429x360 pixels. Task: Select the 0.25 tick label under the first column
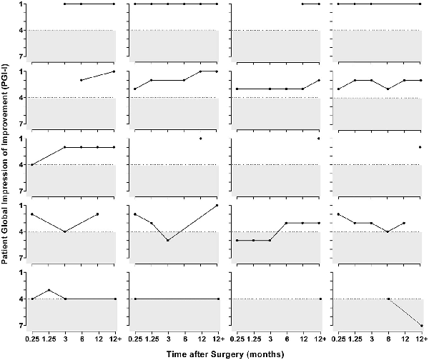32,338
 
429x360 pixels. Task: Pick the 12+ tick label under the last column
422,338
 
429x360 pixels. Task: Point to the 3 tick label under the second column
168,338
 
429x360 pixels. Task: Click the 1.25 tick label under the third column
253,338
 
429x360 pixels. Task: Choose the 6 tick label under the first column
81,338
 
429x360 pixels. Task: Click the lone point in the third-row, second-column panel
201,139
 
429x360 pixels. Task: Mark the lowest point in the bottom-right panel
422,326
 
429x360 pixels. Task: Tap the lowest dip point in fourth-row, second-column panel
168,241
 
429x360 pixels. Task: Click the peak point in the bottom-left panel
49,290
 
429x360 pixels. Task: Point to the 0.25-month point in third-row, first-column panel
32,165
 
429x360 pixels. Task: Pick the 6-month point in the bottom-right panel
388,299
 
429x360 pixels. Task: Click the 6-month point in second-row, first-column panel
81,80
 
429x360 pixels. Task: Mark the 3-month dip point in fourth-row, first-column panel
65,231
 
